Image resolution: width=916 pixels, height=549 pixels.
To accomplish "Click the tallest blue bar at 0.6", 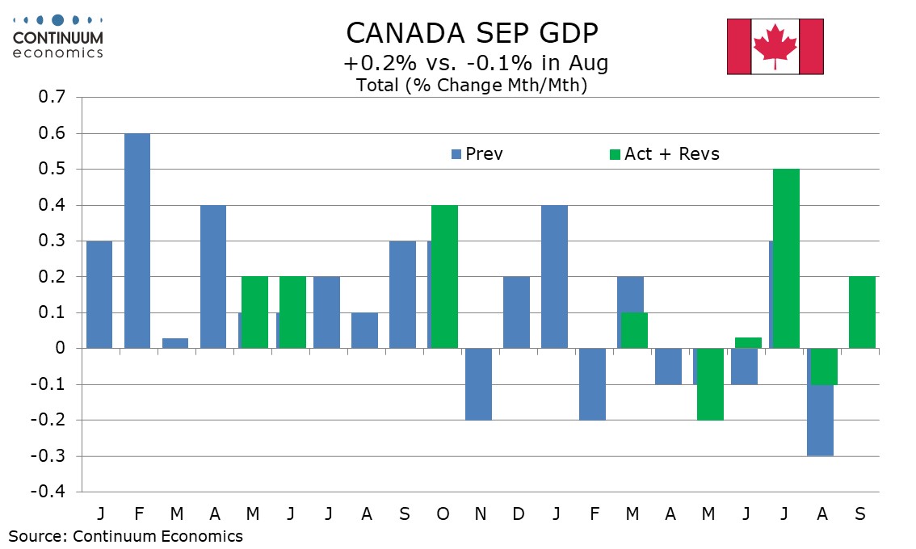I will pos(137,241).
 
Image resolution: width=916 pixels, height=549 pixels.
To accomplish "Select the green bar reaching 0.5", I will pos(786,258).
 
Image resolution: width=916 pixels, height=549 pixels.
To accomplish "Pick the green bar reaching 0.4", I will pos(444,276).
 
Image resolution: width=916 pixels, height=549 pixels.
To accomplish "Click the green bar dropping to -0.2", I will pos(710,383).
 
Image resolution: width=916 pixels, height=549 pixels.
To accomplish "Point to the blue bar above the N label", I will pos(478,383).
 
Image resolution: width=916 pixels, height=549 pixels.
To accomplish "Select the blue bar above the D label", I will pos(516,312).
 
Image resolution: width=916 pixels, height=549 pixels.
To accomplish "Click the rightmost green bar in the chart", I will pos(862,312).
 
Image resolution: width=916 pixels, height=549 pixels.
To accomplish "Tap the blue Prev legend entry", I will pos(477,153).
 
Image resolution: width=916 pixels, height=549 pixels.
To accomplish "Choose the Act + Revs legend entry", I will pos(663,153).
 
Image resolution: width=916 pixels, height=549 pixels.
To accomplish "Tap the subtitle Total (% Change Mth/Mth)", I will pos(471,85).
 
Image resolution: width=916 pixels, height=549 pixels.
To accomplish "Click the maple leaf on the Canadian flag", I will pos(775,46).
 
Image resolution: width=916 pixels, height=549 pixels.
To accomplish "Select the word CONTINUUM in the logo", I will pos(57,37).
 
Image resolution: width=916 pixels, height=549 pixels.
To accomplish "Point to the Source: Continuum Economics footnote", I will pos(126,535).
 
